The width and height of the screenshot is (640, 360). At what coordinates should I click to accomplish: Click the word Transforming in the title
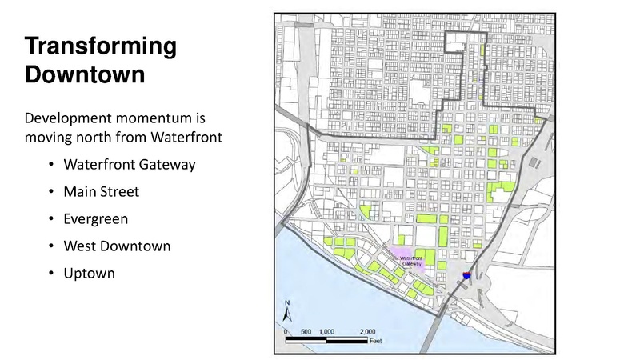pos(101,47)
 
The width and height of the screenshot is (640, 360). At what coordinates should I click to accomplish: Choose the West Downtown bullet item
pos(119,246)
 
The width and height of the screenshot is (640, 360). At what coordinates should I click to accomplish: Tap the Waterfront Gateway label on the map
pos(411,261)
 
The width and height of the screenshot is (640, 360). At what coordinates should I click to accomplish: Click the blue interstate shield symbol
pos(466,274)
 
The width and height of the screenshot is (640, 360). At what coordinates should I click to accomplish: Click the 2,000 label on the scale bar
pos(367,330)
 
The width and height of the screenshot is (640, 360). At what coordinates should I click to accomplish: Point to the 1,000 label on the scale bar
pos(326,330)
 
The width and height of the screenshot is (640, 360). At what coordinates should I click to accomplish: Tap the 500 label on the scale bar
pos(306,330)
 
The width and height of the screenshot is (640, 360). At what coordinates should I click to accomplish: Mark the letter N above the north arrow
pos(287,302)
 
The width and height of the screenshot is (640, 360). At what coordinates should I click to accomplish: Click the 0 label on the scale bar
pos(286,330)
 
